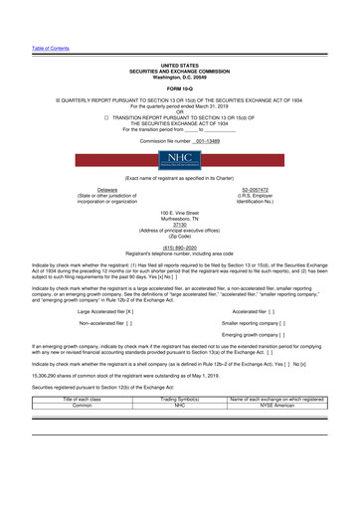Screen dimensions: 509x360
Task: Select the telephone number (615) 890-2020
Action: click(x=180, y=252)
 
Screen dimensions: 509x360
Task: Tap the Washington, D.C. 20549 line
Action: click(x=179, y=48)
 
